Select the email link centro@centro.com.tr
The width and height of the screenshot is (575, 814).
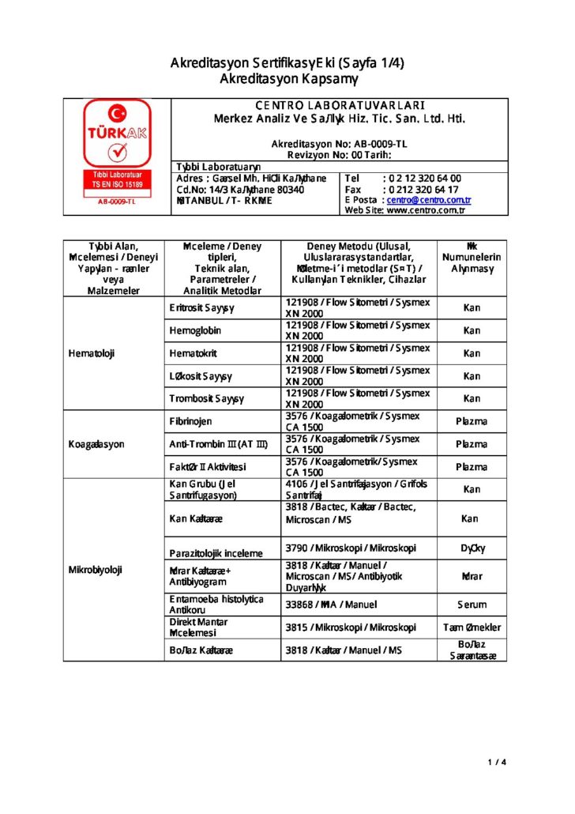click(429, 200)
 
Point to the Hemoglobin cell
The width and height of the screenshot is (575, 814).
click(195, 330)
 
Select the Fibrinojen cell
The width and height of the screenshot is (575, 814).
click(191, 421)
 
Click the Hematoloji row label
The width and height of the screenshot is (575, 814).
click(92, 353)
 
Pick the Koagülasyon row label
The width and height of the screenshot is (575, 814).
click(96, 444)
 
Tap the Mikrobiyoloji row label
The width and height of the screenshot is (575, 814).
click(96, 569)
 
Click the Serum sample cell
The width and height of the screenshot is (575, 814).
click(472, 605)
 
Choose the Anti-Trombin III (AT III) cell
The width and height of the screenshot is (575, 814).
click(218, 444)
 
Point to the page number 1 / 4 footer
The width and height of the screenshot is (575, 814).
click(497, 762)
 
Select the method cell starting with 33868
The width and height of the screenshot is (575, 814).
click(332, 605)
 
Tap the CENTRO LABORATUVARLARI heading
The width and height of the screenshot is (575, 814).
click(340, 105)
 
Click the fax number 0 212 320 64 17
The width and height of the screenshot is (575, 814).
click(424, 190)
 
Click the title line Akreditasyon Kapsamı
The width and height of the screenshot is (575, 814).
click(288, 79)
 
